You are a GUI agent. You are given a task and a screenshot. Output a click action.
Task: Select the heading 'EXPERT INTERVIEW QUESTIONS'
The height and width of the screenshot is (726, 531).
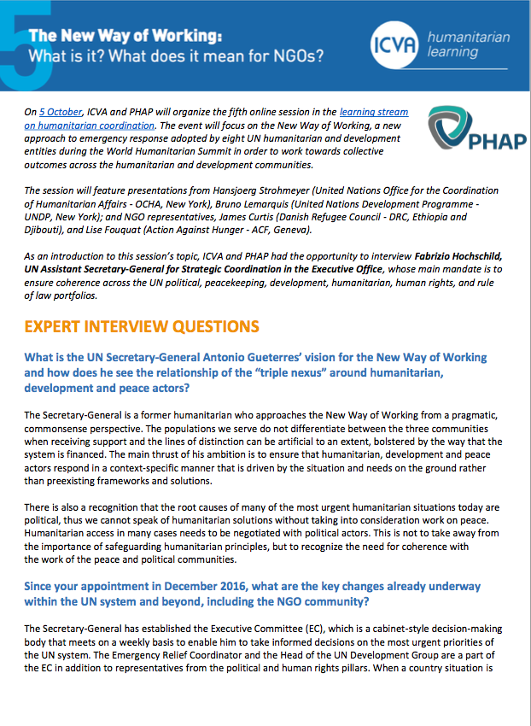(x=141, y=327)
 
